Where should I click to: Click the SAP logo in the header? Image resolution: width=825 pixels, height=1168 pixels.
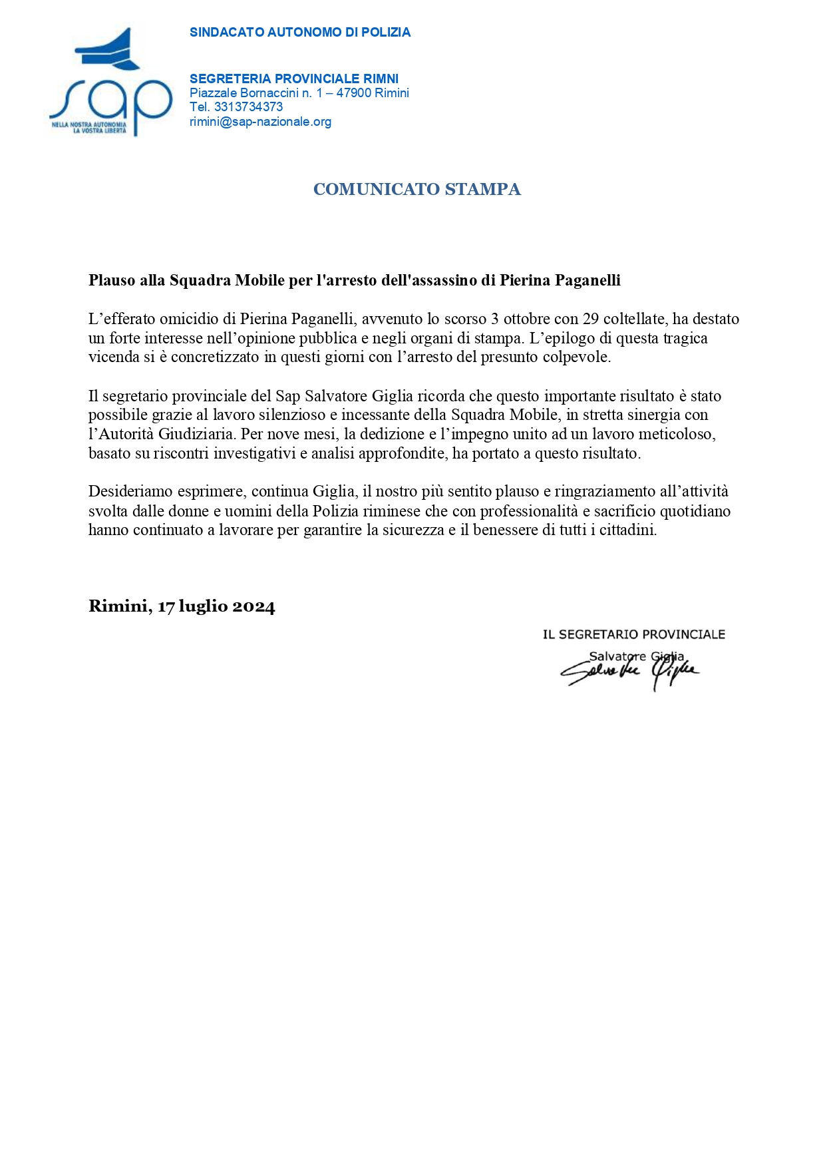[x=110, y=83]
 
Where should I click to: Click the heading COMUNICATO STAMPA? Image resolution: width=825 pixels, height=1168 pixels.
[x=416, y=190]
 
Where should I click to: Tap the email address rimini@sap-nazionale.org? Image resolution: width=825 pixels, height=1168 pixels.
[x=260, y=122]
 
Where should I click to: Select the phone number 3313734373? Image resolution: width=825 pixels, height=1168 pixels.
[x=248, y=107]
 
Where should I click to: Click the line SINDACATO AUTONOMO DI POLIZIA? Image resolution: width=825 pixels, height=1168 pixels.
[x=299, y=33]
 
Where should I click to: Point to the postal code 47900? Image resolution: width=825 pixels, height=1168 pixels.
[x=353, y=93]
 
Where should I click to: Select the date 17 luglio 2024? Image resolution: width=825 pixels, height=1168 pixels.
[x=216, y=606]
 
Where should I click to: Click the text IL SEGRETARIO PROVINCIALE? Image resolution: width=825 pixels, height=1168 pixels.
[x=633, y=634]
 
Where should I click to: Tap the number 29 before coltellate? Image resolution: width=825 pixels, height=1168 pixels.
[x=591, y=319]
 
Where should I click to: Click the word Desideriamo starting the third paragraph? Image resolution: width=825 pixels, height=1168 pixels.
[x=130, y=492]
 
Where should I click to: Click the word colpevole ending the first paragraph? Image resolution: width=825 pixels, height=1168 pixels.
[x=582, y=357]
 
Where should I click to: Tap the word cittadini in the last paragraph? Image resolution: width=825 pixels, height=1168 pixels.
[x=626, y=530]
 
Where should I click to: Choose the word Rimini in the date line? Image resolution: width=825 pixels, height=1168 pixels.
[x=118, y=606]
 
